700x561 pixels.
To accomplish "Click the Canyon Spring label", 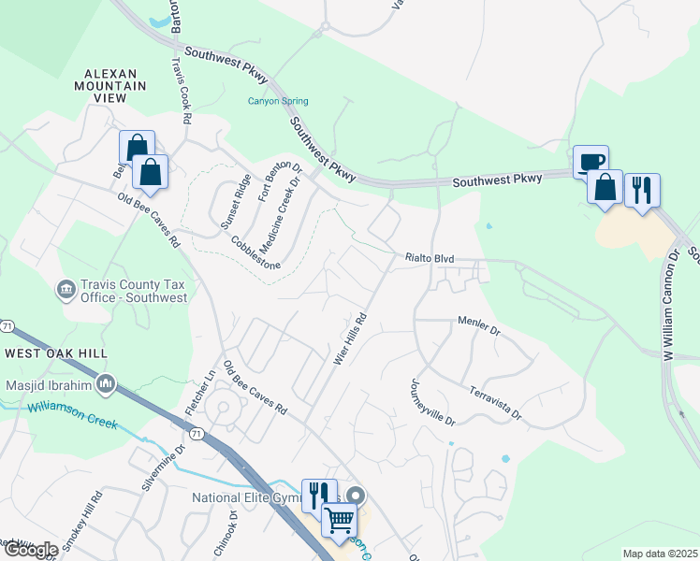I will pyautogui.click(x=278, y=102).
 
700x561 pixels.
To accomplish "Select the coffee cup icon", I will pyautogui.click(x=590, y=162).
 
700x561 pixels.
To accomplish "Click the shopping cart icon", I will pyautogui.click(x=339, y=519).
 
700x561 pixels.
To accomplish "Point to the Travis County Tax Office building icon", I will pyautogui.click(x=67, y=290).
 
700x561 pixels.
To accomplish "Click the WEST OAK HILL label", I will pyautogui.click(x=55, y=353).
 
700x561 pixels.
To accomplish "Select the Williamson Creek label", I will pyautogui.click(x=73, y=415).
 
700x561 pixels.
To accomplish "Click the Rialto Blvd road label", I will pyautogui.click(x=429, y=258).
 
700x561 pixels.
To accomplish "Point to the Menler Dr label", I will pyautogui.click(x=479, y=324).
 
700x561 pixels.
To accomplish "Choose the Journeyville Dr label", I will pyautogui.click(x=430, y=402).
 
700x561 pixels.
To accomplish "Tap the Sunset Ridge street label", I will pyautogui.click(x=235, y=204).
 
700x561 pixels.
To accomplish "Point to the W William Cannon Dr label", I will pyautogui.click(x=671, y=305).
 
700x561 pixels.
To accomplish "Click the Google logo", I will pyautogui.click(x=30, y=550).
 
